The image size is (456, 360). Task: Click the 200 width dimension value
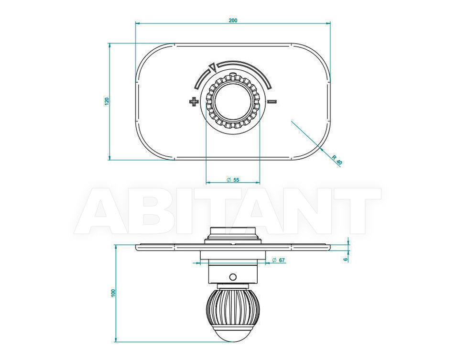[233, 21]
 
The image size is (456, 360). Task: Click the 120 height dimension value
[107, 101]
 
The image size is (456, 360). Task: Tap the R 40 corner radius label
[337, 160]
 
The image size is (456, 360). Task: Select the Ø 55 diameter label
[233, 180]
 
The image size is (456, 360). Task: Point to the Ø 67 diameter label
[278, 260]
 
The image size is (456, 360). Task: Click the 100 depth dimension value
[113, 293]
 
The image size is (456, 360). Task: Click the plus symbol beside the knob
[194, 101]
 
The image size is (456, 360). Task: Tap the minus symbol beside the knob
[272, 101]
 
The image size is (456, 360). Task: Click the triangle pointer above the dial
[212, 67]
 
